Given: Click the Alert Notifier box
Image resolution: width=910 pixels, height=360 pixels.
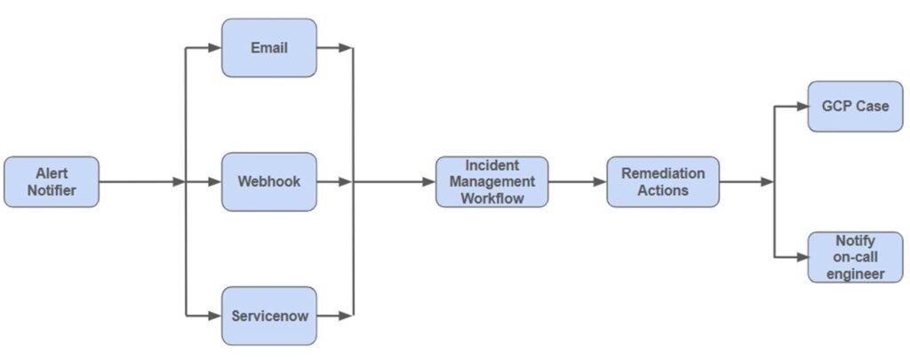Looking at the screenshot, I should (x=52, y=182).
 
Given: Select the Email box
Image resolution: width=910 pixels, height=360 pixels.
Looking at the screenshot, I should (x=268, y=47).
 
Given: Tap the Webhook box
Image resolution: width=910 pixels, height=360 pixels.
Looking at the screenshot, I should (x=268, y=181).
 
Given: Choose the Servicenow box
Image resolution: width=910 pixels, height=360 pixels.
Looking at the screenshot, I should (x=268, y=316).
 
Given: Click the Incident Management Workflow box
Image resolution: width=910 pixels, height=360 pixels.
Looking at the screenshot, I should (x=491, y=181).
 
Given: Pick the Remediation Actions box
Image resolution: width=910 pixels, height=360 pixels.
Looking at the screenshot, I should (x=662, y=181).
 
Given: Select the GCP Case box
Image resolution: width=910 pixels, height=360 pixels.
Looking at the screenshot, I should (x=855, y=106).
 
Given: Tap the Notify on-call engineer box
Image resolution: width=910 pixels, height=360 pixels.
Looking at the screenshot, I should (x=855, y=257).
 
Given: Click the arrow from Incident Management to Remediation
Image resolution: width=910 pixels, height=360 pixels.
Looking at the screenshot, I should (x=578, y=182).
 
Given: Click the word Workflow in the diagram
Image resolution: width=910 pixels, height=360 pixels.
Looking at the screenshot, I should (x=491, y=197).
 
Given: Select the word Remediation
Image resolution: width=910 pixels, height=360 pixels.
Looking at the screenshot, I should (x=662, y=173).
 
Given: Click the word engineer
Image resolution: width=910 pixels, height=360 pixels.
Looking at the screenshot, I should (x=855, y=273).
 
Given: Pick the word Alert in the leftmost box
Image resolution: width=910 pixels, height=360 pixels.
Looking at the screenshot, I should (x=52, y=173).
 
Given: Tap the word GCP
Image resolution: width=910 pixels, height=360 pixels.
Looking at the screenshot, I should (x=837, y=106).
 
